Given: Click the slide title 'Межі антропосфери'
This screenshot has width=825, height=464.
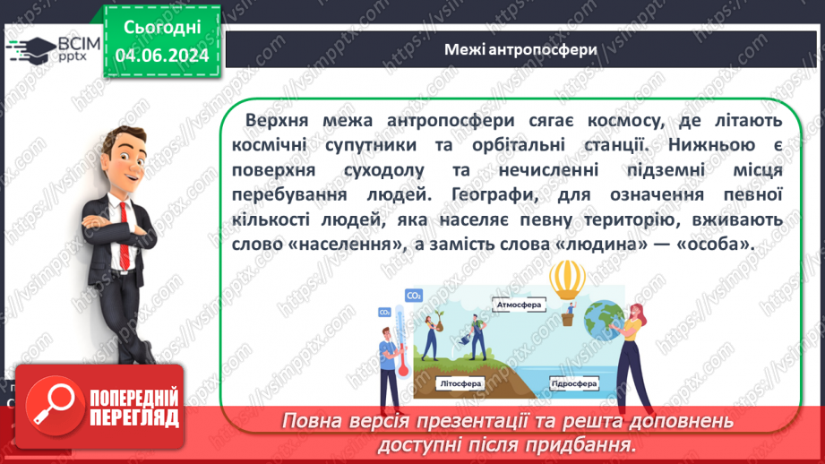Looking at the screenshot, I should click(x=520, y=49).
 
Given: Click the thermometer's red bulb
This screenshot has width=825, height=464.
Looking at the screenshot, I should click(x=403, y=367).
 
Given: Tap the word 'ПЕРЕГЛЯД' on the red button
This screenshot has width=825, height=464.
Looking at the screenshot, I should click(x=134, y=417).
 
